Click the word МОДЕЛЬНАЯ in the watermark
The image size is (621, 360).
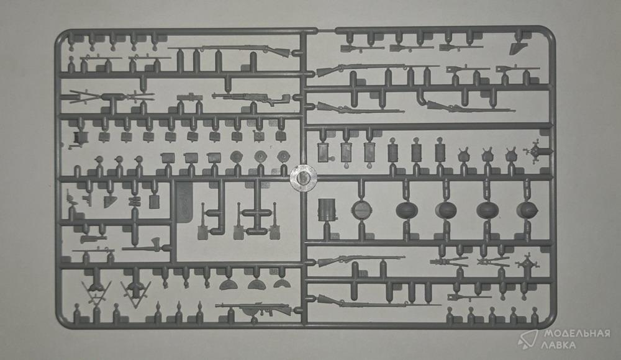577,333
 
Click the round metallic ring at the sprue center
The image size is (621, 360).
304,178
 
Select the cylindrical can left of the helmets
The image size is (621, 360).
327,210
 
